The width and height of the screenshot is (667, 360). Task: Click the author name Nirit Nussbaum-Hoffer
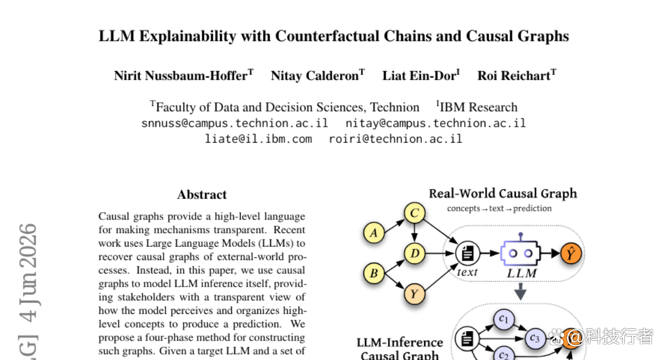click(x=181, y=76)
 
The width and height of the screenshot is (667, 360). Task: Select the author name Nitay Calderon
click(x=315, y=76)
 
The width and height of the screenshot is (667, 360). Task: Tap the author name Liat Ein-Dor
click(x=419, y=76)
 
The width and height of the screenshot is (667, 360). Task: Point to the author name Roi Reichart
click(x=514, y=76)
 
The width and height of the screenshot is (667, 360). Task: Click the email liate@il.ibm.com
click(x=258, y=139)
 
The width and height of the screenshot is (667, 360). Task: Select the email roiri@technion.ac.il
click(x=395, y=139)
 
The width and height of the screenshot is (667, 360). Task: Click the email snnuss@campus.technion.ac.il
click(x=235, y=123)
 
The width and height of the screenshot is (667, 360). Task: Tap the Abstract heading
click(x=202, y=194)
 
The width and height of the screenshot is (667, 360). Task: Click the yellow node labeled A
click(x=374, y=233)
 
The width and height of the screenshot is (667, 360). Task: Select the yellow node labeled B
click(x=374, y=273)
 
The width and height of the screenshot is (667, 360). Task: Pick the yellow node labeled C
click(x=415, y=213)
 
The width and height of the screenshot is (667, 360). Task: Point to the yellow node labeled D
click(x=415, y=253)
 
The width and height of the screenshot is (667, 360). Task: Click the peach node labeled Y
click(x=415, y=294)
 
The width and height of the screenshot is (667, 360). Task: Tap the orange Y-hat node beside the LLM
click(x=571, y=253)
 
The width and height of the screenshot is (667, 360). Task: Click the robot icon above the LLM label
click(x=520, y=249)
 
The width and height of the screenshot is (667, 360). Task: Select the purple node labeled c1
click(x=504, y=319)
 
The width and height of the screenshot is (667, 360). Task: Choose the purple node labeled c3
click(x=535, y=338)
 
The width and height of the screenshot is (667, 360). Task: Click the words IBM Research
click(x=479, y=107)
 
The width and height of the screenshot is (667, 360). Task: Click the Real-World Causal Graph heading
click(x=503, y=194)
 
